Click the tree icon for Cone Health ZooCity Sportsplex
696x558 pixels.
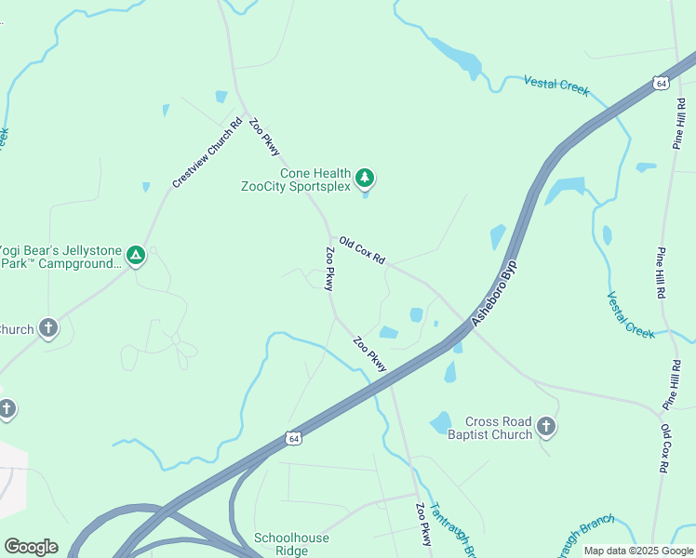tap(366, 177)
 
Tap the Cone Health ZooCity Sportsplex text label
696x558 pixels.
tap(296, 179)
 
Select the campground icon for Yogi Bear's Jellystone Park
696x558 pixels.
tap(136, 255)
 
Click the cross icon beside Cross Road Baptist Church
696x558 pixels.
tap(546, 427)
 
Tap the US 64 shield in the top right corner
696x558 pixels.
tap(661, 83)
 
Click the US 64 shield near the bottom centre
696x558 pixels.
tap(294, 437)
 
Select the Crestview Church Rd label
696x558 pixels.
tap(207, 153)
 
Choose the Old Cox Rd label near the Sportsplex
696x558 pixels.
tap(362, 250)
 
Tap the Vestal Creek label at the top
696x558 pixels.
tap(556, 85)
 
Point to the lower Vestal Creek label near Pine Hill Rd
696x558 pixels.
tap(631, 315)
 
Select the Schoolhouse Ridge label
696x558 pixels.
tap(281, 544)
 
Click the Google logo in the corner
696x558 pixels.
tap(31, 547)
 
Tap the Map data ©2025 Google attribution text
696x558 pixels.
tap(638, 551)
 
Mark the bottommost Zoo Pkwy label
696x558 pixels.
tap(424, 525)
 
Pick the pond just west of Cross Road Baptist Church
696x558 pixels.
tap(440, 423)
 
